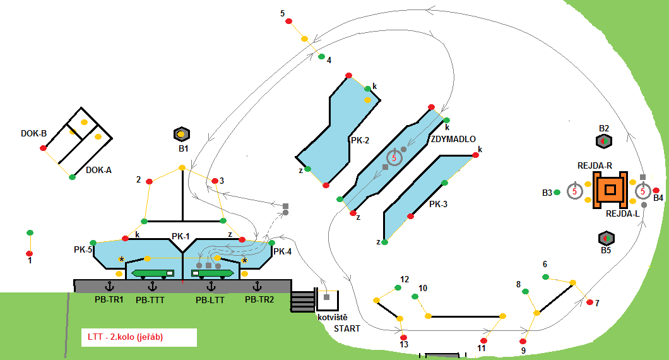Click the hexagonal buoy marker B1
click(181, 134)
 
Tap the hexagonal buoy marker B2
click(604, 141)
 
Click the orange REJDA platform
click(610, 189)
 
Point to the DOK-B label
click(34, 133)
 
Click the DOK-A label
click(98, 169)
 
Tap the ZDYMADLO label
click(453, 139)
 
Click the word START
click(346, 328)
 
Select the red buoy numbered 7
click(589, 303)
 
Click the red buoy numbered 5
click(289, 21)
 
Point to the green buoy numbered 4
click(321, 57)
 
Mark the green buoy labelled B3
click(557, 191)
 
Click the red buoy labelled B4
click(656, 190)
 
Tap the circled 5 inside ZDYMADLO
click(394, 157)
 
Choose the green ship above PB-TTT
click(153, 273)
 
